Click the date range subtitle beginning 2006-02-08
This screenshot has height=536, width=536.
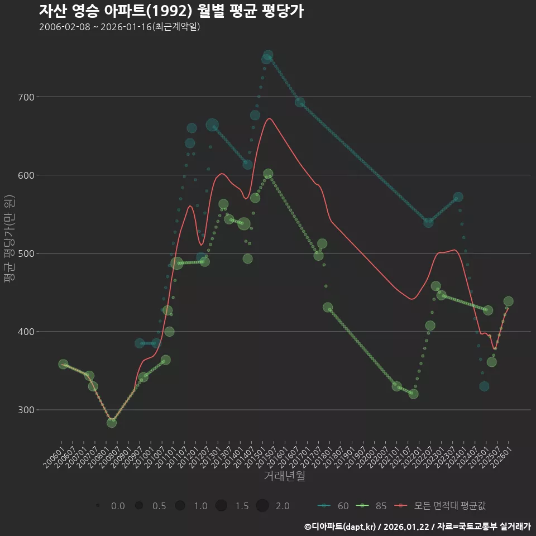(119, 27)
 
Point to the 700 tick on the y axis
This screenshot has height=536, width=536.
(26, 97)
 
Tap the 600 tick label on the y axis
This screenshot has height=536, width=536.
(26, 175)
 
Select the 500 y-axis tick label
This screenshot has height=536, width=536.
(26, 253)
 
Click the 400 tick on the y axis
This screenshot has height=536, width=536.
(26, 332)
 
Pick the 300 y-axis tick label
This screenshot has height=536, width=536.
(26, 410)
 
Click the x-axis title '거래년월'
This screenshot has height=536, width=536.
(284, 476)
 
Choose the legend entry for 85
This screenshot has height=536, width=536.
(371, 506)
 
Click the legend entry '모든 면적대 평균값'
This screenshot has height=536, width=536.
(441, 506)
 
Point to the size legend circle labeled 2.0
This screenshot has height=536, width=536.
(262, 506)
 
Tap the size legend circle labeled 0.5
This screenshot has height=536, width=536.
(139, 506)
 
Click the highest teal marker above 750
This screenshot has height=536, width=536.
(268, 55)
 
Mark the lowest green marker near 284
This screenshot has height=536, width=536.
(112, 423)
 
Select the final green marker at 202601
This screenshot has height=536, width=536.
(508, 301)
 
